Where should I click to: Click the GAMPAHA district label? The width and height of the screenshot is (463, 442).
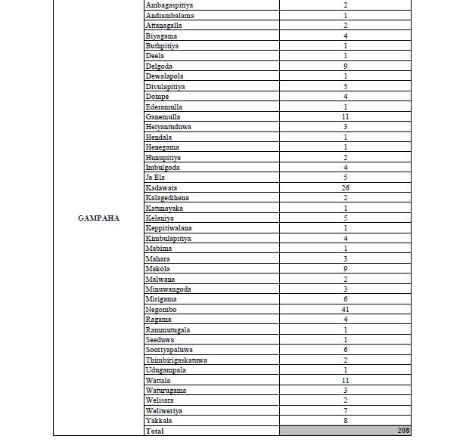[98, 218]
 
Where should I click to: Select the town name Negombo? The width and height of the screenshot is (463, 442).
[160, 310]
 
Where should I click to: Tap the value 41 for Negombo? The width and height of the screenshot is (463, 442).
[345, 310]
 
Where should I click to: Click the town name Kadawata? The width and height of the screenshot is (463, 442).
[162, 188]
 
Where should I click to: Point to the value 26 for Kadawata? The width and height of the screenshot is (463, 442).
[345, 188]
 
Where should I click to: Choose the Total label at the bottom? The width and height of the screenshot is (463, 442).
[154, 431]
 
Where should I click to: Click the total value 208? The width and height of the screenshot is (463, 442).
[403, 431]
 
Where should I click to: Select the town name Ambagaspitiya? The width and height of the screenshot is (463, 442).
[169, 5]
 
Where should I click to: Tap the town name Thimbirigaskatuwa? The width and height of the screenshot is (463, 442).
[176, 360]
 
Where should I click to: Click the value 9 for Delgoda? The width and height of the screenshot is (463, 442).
[345, 66]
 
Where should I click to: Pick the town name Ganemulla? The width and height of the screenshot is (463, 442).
[163, 117]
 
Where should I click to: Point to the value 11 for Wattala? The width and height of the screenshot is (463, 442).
[345, 381]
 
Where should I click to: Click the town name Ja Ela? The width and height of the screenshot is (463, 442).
[155, 178]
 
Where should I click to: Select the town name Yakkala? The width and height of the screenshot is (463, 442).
[158, 421]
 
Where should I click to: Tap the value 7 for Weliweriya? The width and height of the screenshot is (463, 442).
[345, 411]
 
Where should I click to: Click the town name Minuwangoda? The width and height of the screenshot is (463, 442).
[168, 289]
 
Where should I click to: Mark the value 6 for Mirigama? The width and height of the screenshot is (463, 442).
[345, 299]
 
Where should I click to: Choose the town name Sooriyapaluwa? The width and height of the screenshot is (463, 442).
[169, 350]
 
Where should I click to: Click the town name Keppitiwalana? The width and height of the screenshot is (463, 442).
[169, 228]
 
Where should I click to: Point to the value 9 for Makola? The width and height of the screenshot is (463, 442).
[345, 269]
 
